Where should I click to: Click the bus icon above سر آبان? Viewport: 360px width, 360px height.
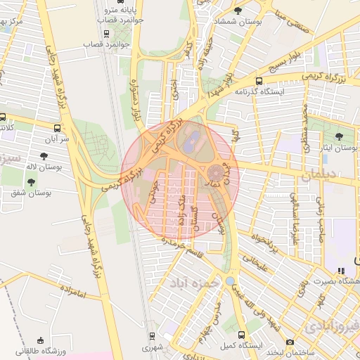point(56,129)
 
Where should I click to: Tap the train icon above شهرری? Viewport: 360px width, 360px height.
point(152,335)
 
